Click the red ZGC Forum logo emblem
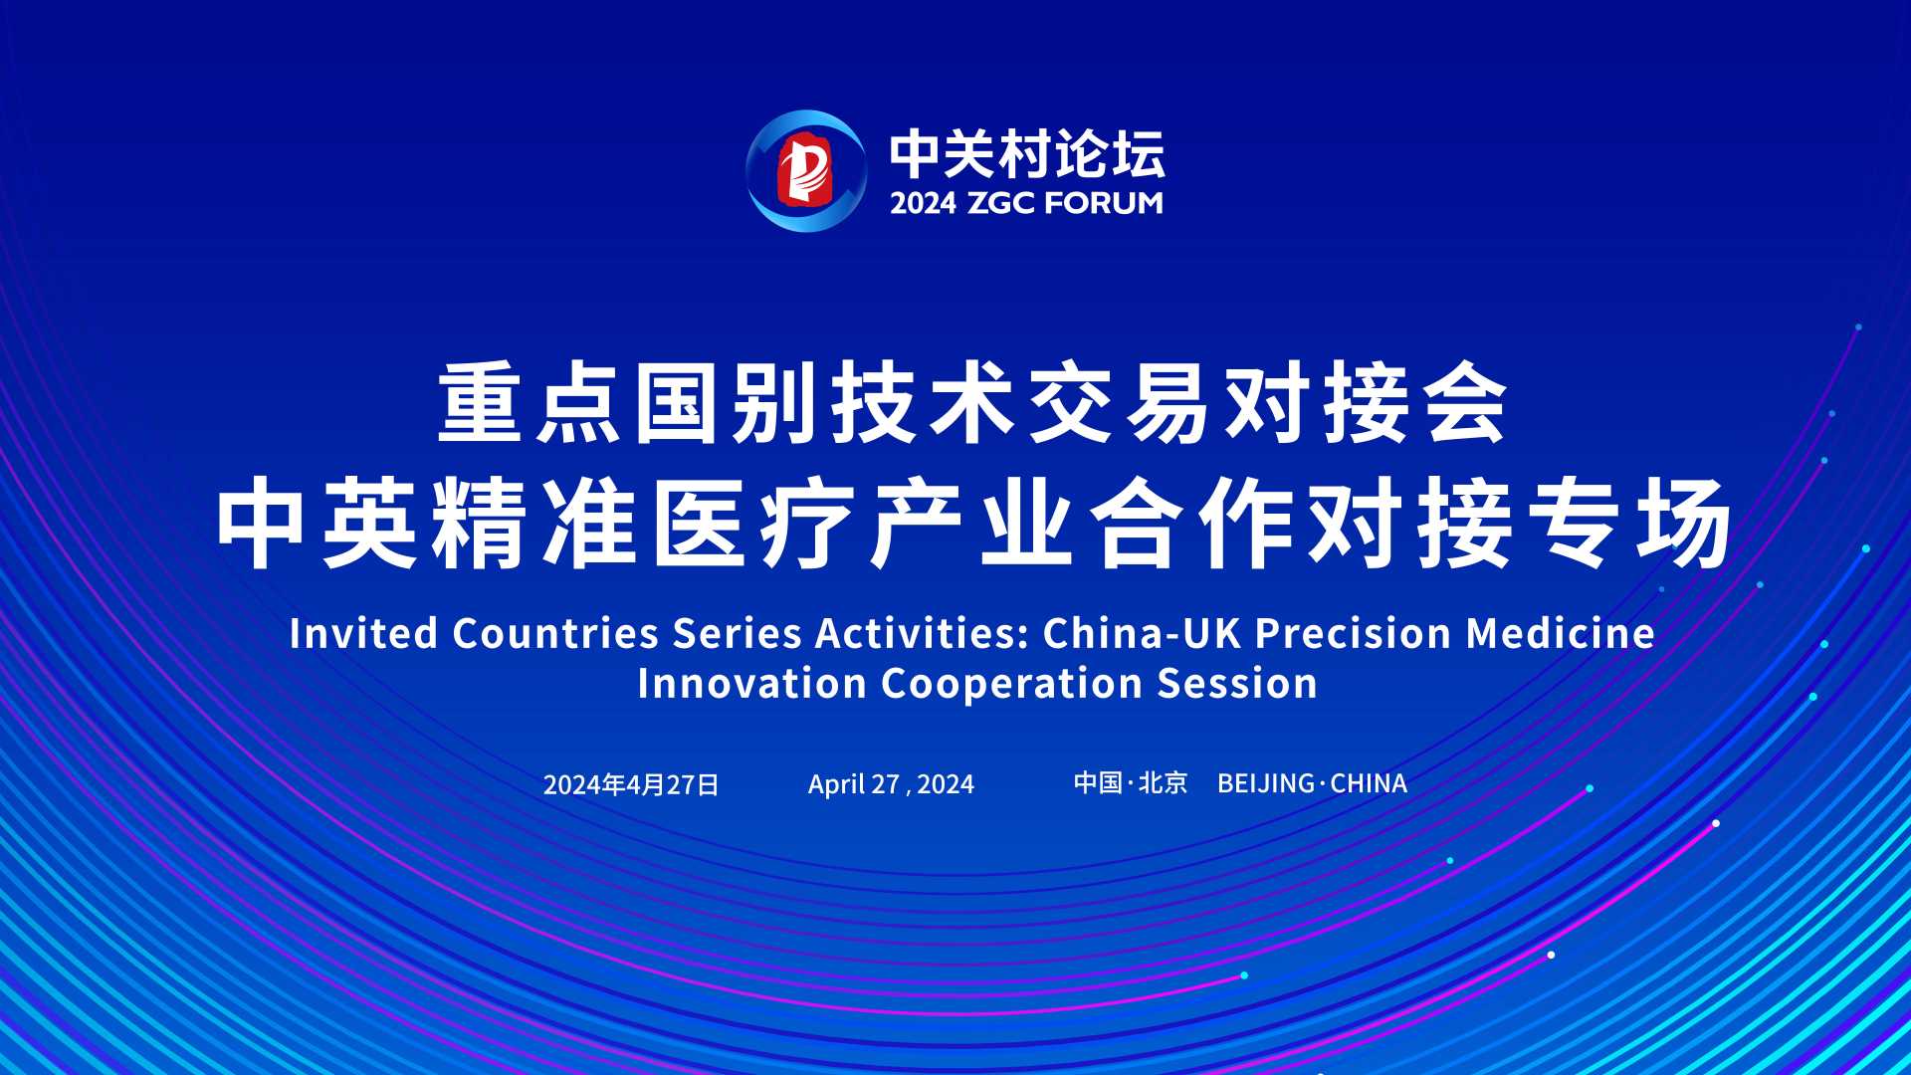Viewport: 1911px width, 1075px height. coord(806,170)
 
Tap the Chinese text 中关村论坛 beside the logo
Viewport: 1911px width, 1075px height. coord(1027,153)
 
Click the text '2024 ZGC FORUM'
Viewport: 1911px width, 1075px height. coord(1026,203)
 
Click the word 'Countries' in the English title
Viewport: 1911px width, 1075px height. coord(555,633)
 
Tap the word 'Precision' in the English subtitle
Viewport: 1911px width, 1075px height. coord(1353,633)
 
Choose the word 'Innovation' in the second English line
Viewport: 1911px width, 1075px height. coord(752,684)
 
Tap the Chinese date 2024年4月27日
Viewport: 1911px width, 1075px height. coord(631,784)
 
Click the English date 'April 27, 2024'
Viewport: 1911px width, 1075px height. coord(891,784)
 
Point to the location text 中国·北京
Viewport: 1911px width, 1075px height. coord(1131,783)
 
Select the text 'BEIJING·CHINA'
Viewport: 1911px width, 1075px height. coord(1312,783)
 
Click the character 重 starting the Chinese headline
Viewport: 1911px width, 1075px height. coord(480,402)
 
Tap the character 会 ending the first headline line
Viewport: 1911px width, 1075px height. coord(1467,402)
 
